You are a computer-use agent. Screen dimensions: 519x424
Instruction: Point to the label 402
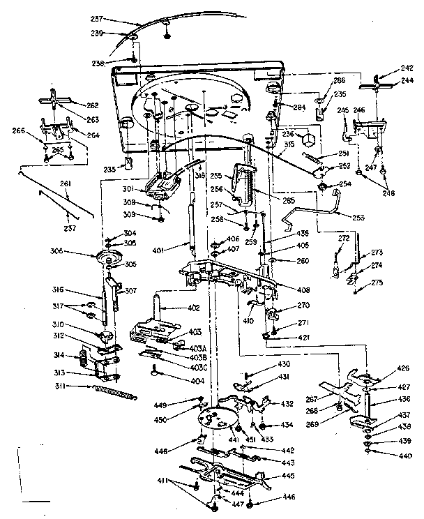193,308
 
